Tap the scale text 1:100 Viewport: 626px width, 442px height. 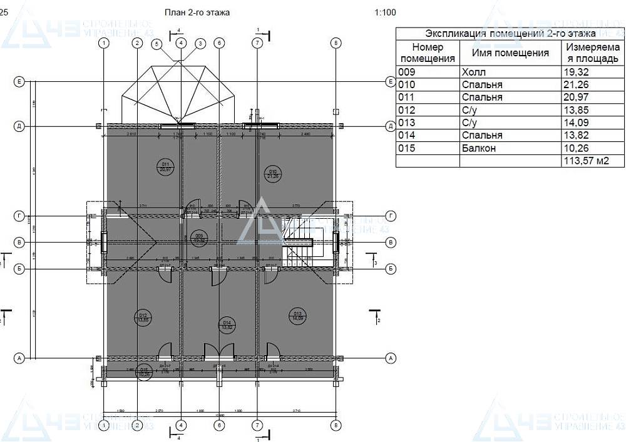coord(385,12)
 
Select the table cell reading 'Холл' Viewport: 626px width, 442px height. coord(473,72)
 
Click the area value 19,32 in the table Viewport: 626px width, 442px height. coord(577,72)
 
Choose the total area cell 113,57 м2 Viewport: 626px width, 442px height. coord(585,161)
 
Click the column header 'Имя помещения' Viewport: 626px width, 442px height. coord(510,53)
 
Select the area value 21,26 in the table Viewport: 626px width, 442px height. coord(577,84)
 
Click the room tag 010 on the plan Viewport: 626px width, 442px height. coord(273,173)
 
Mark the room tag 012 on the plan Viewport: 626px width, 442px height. coord(142,317)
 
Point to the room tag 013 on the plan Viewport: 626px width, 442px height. coord(297,316)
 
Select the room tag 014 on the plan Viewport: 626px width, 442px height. coord(227,324)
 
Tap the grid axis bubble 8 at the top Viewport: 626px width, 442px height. coord(336,43)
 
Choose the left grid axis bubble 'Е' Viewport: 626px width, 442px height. coord(19,82)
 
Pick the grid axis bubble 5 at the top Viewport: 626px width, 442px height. coord(156,44)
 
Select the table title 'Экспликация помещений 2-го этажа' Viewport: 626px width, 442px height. coord(510,33)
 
